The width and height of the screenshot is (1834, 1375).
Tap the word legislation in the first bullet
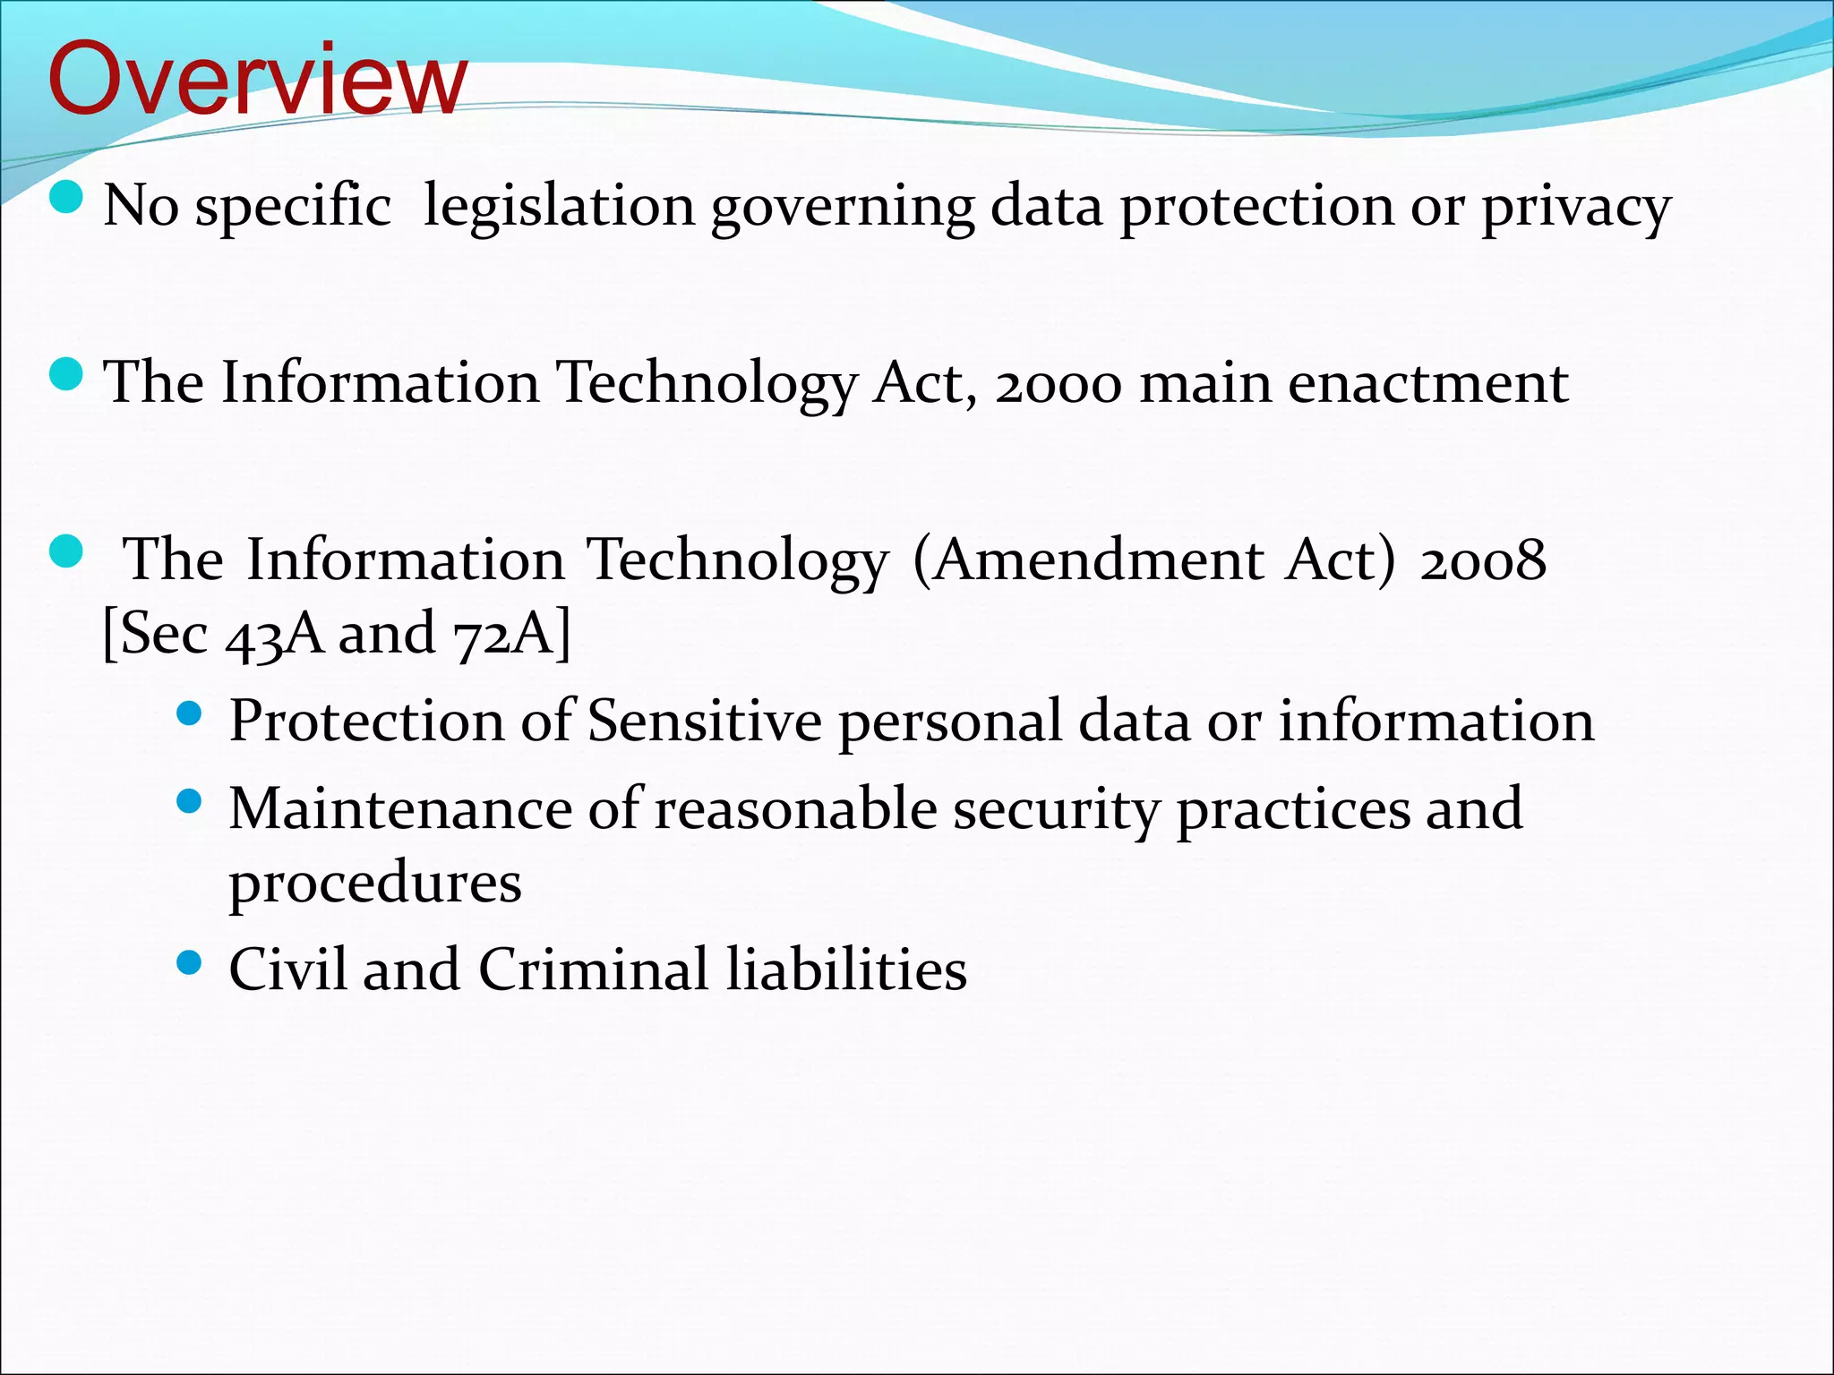(559, 206)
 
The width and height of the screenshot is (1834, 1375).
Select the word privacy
(1576, 208)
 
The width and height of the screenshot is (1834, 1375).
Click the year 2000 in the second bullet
(1058, 383)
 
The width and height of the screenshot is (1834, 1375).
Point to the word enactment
(1428, 383)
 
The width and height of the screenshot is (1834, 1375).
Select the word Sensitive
(705, 721)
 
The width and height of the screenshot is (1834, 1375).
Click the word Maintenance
(400, 808)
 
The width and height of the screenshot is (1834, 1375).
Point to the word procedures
(375, 884)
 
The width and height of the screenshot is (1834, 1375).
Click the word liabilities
(846, 969)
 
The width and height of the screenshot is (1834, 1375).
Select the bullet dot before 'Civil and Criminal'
(190, 962)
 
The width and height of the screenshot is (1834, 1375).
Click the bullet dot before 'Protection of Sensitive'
(190, 713)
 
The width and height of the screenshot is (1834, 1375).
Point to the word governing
(843, 208)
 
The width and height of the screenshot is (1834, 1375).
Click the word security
(1057, 810)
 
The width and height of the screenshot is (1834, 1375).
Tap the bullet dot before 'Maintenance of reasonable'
(190, 799)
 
